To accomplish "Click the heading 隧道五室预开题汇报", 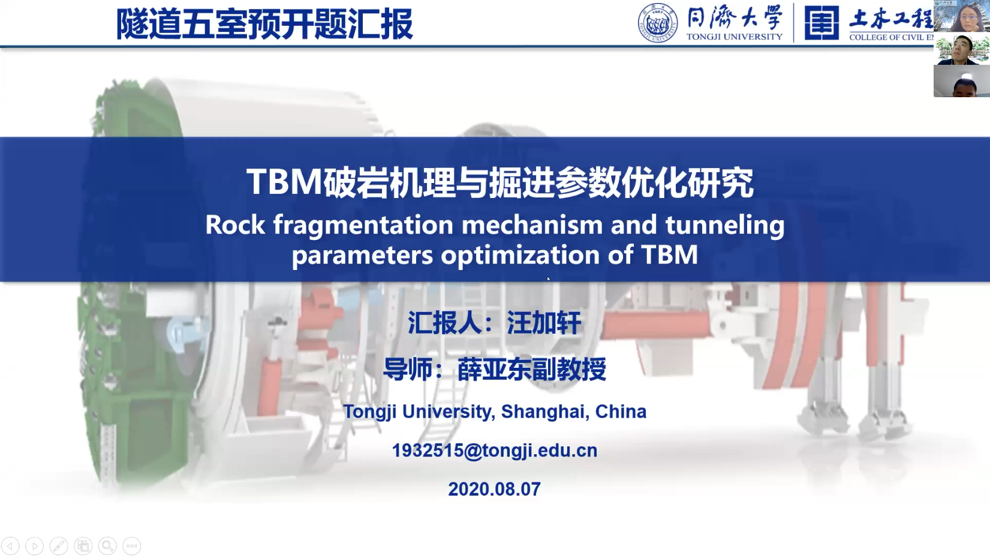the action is pos(264,24).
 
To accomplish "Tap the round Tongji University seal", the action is pos(658,23).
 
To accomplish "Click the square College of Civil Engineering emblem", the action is pos(822,23).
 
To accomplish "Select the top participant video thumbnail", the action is pos(962,16).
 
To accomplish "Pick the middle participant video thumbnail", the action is pos(962,49).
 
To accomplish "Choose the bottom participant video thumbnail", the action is pos(962,81).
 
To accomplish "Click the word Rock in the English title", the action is pos(235,224).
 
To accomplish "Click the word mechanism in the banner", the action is pos(532,224).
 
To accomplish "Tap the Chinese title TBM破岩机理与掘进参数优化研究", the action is pos(500,182).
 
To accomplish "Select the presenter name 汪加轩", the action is pos(544,323).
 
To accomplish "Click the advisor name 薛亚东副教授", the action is pos(532,369).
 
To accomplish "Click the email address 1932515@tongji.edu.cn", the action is pos(495,451).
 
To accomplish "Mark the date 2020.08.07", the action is pos(495,489).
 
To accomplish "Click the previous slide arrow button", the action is pos(10,546).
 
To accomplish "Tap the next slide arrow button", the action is pos(34,546).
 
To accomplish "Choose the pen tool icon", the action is pos(59,546).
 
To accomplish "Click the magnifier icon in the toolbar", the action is pos(107,546).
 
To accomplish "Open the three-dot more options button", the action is pos(132,546).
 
